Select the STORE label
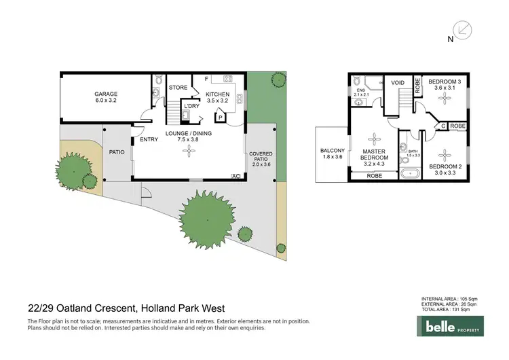178,88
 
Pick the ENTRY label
149,141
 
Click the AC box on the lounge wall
236,177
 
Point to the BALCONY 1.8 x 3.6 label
333,154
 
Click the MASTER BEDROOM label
374,156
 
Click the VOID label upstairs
398,82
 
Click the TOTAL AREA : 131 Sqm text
446,309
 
